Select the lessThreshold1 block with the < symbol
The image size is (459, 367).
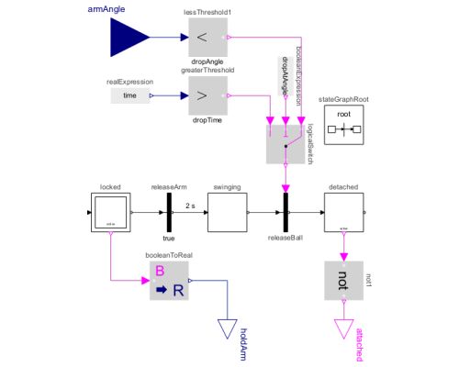click(207, 39)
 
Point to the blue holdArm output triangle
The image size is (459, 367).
click(226, 326)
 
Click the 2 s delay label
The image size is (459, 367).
click(192, 204)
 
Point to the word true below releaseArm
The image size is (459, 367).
click(169, 238)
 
